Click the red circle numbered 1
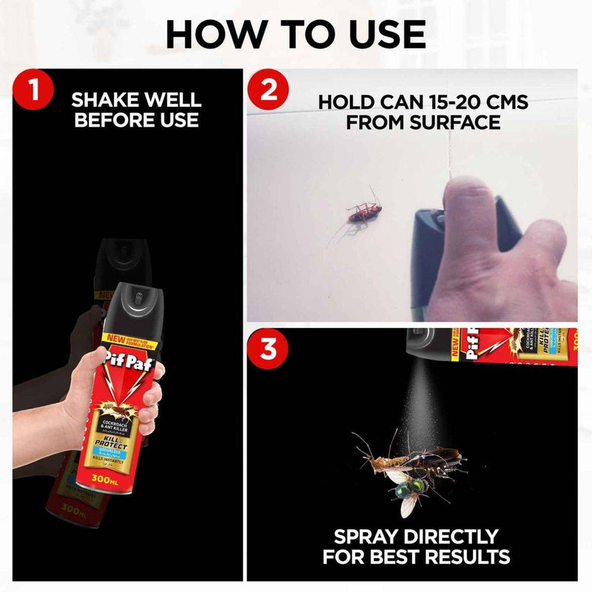pos(34,90)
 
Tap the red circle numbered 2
pos(267,90)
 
